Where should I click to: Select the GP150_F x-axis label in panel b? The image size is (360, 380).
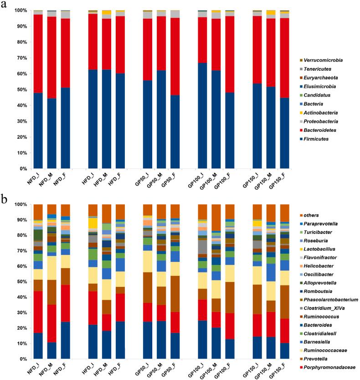[283, 370]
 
